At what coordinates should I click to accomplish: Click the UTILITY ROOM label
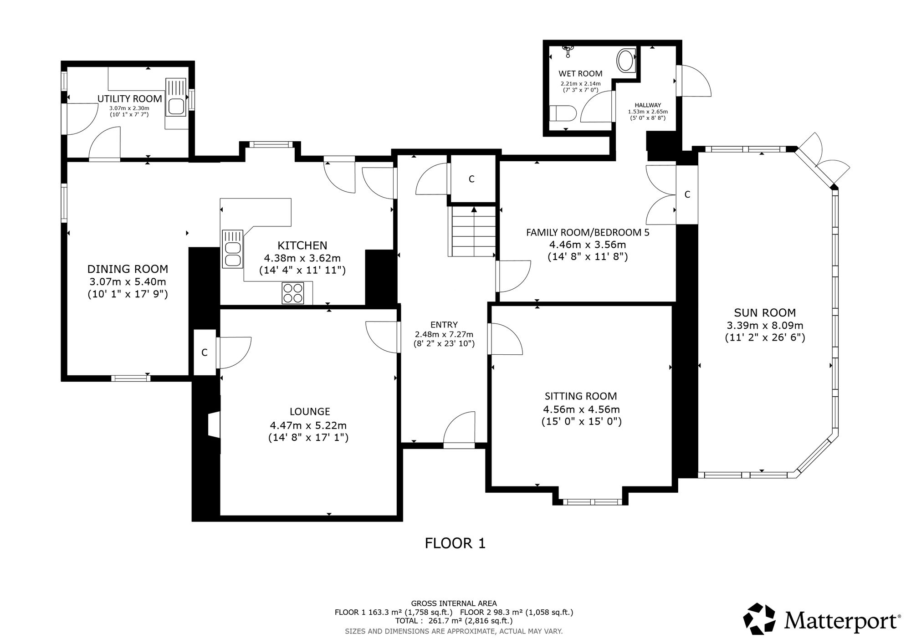[x=130, y=99]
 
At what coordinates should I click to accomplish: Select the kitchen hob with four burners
[x=293, y=293]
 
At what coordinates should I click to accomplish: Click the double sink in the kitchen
[x=232, y=248]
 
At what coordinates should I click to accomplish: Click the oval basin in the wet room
[x=625, y=61]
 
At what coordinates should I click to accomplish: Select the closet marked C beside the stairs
[x=472, y=179]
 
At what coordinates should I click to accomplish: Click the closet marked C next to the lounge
[x=205, y=352]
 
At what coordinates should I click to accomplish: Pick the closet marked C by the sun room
[x=687, y=194]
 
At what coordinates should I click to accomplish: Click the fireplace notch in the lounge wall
[x=214, y=424]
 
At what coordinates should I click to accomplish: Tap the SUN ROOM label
[x=765, y=313]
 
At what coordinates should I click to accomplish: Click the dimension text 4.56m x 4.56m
[x=582, y=409]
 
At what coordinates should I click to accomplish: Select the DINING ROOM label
[x=128, y=269]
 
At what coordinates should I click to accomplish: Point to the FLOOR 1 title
[x=455, y=543]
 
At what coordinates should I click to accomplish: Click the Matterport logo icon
[x=759, y=618]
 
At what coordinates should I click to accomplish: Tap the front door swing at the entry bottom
[x=459, y=430]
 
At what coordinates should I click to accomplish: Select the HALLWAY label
[x=647, y=105]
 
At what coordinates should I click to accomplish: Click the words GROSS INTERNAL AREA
[x=454, y=603]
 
